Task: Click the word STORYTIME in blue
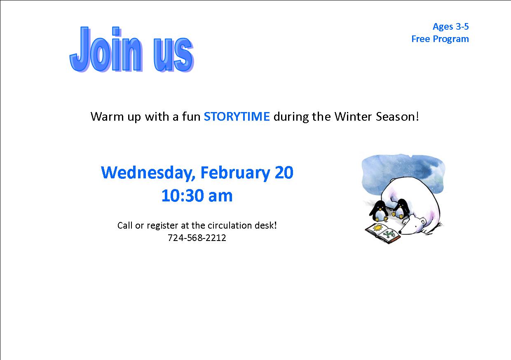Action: tap(237, 117)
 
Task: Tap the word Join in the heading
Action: tap(105, 49)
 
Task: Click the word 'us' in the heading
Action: tap(173, 54)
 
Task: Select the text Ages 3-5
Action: tap(450, 27)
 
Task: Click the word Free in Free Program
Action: tap(421, 39)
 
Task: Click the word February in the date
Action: tap(235, 173)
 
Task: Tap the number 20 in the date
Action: tap(284, 173)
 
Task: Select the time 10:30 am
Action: tap(197, 196)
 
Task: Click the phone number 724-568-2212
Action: tap(197, 238)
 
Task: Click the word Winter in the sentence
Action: tap(353, 117)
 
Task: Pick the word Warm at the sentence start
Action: tap(107, 117)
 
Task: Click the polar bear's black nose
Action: tap(400, 232)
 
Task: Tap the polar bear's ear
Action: tap(423, 221)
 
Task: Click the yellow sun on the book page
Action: tap(377, 227)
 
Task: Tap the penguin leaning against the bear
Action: tap(401, 208)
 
